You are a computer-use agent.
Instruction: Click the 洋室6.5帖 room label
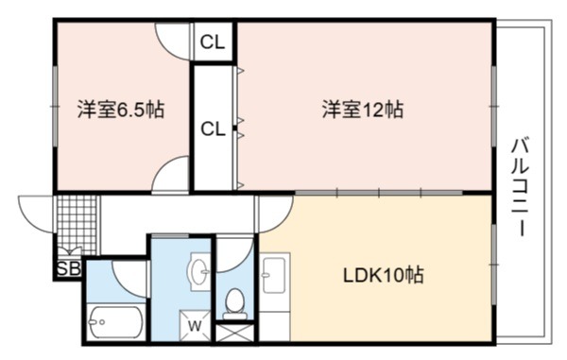(x=121, y=110)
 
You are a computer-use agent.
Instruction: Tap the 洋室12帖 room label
(x=363, y=110)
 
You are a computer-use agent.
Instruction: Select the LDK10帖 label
(x=383, y=276)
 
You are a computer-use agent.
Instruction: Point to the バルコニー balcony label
(x=521, y=187)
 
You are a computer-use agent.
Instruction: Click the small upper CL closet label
(x=213, y=43)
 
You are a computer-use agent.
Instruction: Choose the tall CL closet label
(x=213, y=129)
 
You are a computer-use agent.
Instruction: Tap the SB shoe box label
(x=69, y=269)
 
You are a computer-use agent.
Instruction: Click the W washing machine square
(x=195, y=325)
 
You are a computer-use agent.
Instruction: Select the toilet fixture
(x=234, y=303)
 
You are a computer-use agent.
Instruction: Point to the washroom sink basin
(x=198, y=271)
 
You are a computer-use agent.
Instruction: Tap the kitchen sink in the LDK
(x=274, y=273)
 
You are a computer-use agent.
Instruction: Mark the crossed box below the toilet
(x=234, y=333)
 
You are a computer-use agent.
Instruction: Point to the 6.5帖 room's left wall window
(x=55, y=106)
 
